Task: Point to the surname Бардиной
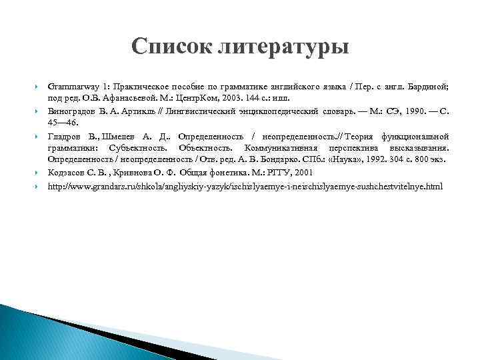pyautogui.click(x=429, y=87)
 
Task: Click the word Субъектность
pyautogui.click(x=142, y=147)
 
